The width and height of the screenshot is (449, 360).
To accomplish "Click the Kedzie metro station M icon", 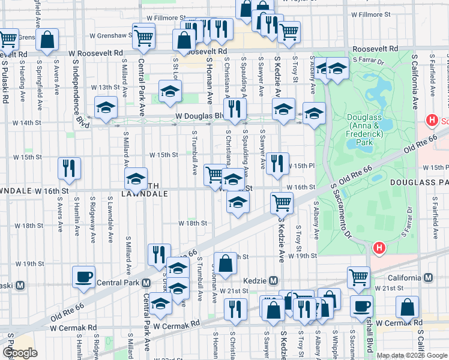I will tap(273, 280).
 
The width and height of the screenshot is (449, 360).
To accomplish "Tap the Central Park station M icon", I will tap(146, 283).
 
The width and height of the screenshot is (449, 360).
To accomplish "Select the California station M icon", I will tap(428, 278).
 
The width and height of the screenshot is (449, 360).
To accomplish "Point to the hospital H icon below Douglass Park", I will tap(379, 247).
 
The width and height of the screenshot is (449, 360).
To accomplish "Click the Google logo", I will tap(20, 353).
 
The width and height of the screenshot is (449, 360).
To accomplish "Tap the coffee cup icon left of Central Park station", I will tap(83, 277).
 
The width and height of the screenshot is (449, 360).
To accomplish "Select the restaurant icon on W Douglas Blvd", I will tap(234, 109).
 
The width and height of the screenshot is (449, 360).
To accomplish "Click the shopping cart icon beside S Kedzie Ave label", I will tap(281, 203).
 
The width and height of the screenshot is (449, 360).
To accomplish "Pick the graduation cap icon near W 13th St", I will tap(170, 91).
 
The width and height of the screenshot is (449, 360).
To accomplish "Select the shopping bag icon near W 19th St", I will tap(225, 263).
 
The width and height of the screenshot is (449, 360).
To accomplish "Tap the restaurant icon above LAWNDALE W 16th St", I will tap(69, 169).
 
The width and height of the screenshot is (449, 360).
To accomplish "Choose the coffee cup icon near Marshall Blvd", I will tap(361, 306).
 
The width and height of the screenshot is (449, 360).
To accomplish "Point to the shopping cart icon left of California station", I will tap(358, 278).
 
